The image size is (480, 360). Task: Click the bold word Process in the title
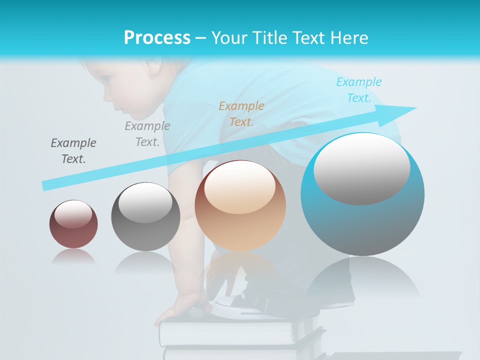[157, 37]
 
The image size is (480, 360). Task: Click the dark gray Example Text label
[73, 151]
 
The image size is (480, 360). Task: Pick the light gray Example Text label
[147, 134]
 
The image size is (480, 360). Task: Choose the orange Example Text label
[241, 113]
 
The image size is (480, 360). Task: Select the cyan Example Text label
[359, 90]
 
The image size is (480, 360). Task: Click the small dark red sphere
[73, 224]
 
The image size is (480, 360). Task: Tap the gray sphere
[145, 216]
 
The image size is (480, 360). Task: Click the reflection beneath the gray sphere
[145, 262]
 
